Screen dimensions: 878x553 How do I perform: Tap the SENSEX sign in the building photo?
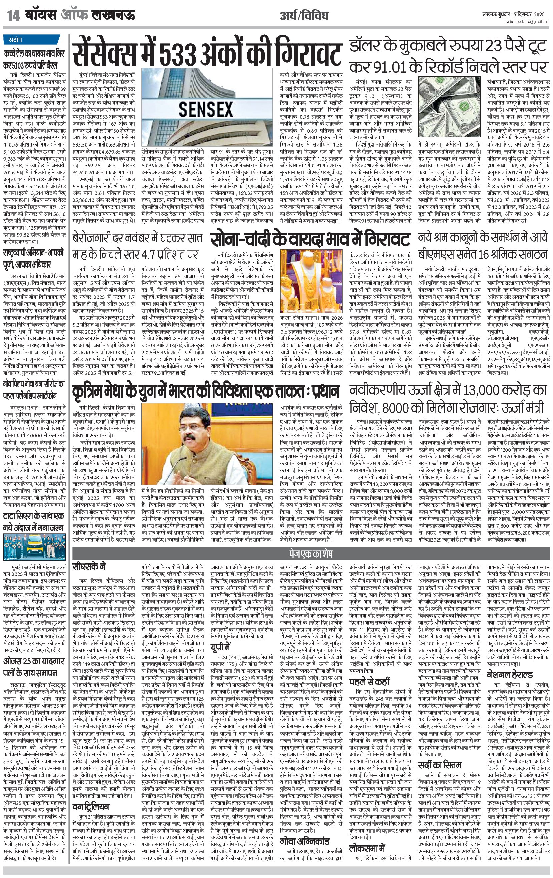pos(206,109)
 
